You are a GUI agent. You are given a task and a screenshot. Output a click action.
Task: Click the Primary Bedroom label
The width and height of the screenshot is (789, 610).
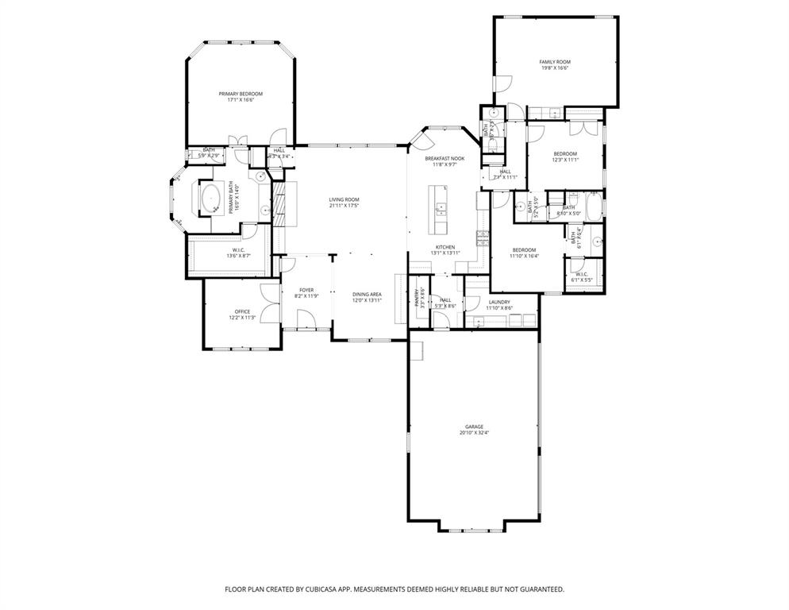click(x=241, y=94)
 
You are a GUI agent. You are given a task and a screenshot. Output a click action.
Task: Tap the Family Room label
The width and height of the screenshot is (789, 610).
click(x=555, y=62)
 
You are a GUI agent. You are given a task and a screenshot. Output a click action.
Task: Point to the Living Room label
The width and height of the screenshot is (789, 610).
click(x=344, y=199)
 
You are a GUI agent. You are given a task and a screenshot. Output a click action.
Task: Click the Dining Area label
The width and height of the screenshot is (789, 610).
click(x=367, y=295)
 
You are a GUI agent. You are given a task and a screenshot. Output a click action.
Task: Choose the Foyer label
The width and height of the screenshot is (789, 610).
click(x=306, y=290)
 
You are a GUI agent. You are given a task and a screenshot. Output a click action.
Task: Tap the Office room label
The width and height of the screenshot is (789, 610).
click(x=242, y=311)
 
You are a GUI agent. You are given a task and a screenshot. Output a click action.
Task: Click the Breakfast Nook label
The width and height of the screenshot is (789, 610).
click(x=445, y=158)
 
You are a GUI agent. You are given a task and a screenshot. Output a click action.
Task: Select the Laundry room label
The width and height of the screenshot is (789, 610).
click(x=499, y=302)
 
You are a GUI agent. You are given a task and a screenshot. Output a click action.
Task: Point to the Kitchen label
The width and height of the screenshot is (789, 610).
click(x=445, y=247)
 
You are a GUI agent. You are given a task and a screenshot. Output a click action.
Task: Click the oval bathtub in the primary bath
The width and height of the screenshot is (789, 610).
click(x=211, y=198)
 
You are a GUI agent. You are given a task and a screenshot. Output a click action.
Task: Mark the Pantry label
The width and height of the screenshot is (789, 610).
click(x=416, y=298)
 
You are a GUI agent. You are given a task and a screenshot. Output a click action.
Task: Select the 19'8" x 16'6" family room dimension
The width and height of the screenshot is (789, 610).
click(x=555, y=68)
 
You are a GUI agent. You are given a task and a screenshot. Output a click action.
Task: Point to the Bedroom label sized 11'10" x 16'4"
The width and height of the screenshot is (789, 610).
click(x=524, y=250)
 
